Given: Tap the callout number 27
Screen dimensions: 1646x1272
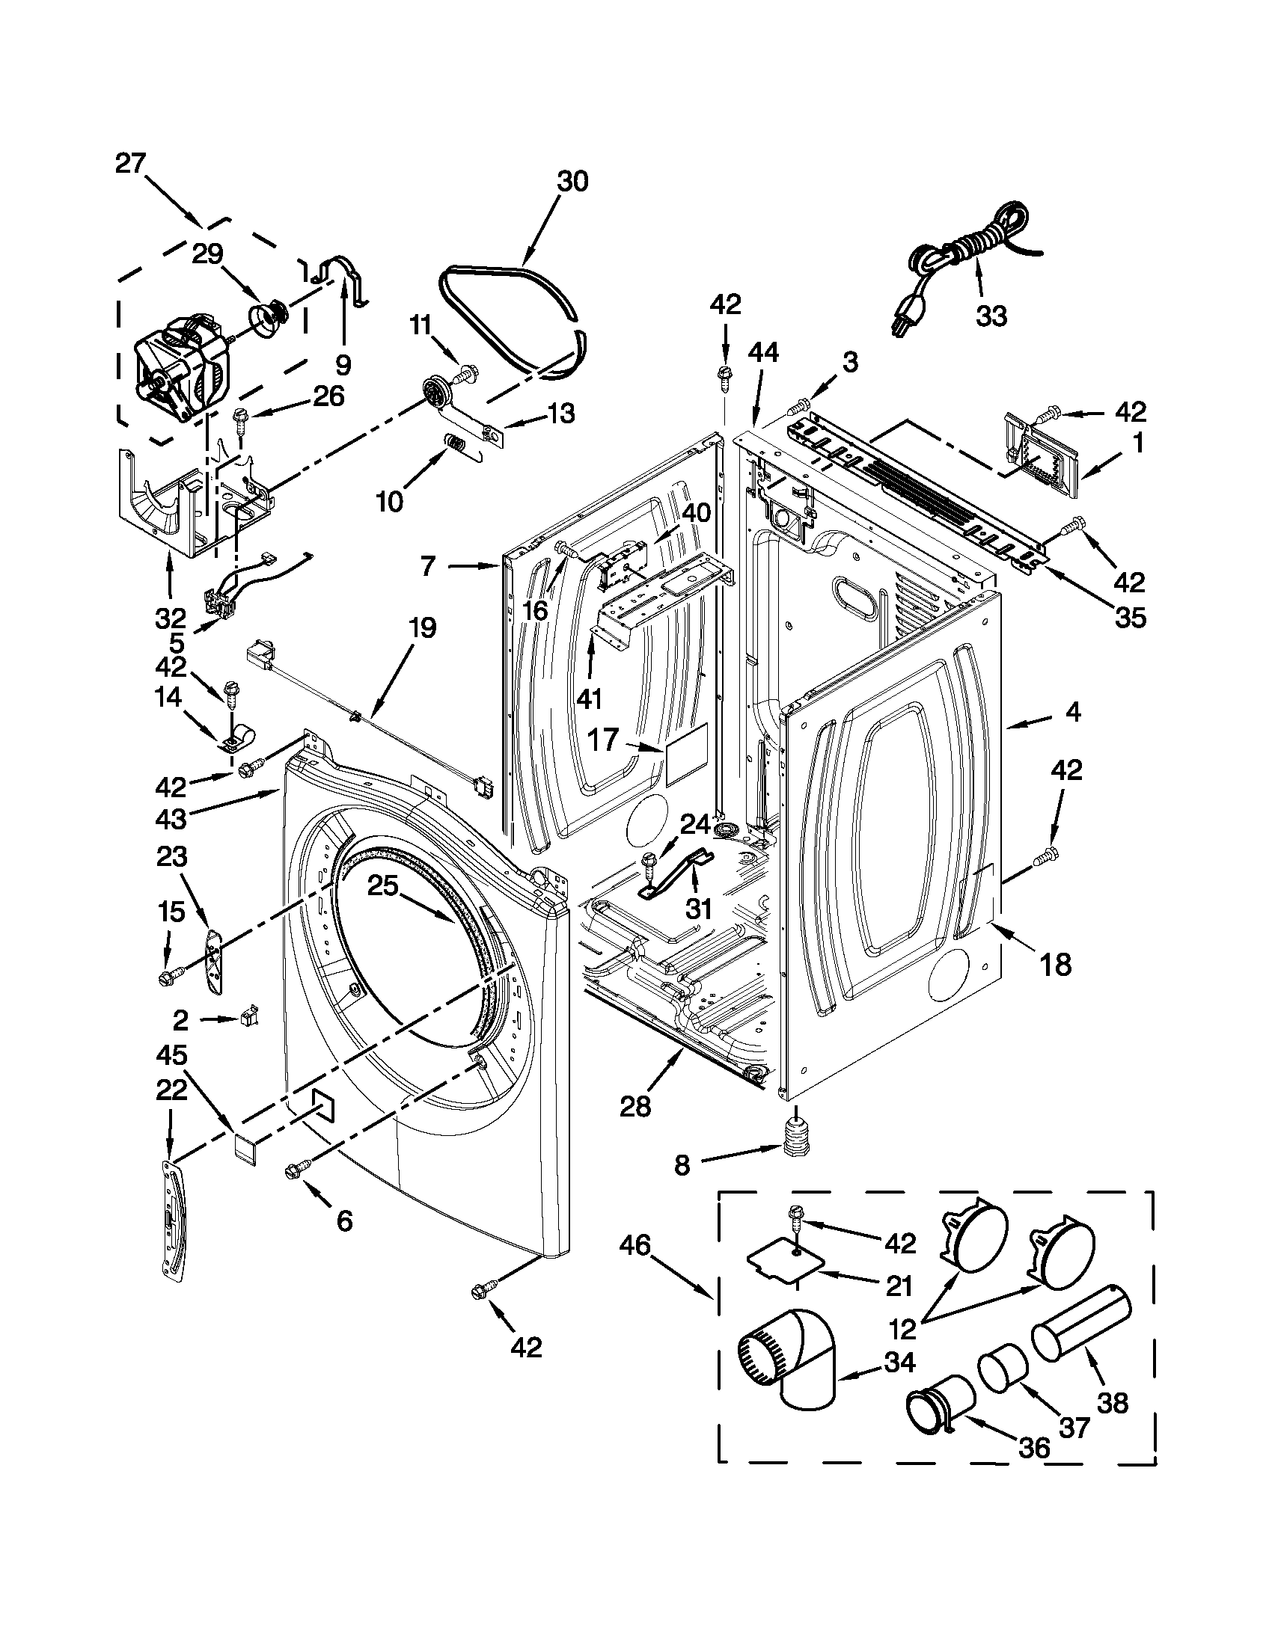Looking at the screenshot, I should [x=130, y=164].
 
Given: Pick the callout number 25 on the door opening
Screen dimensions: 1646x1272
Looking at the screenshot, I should [x=383, y=886].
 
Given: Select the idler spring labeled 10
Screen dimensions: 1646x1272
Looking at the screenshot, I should [x=455, y=446].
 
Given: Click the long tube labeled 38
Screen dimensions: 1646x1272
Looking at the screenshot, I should [x=1080, y=1333].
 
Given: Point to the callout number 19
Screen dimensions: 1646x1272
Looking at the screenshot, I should [x=422, y=627].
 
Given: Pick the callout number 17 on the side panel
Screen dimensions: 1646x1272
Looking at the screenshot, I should [x=603, y=740].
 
